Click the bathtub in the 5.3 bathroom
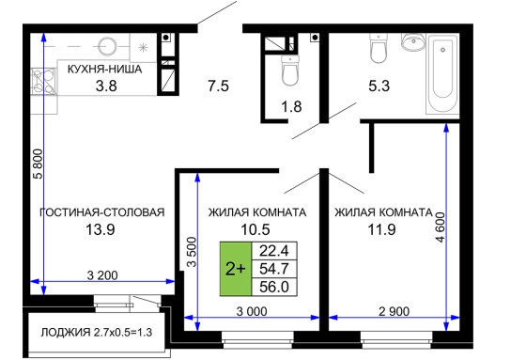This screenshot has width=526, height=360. [442, 73]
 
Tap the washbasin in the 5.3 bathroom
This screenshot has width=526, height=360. [413, 41]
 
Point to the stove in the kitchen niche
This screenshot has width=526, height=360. [43, 81]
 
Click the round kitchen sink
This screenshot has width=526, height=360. [107, 45]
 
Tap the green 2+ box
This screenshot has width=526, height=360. [236, 269]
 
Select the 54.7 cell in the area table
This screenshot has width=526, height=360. [274, 269]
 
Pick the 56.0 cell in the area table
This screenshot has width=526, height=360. [274, 287]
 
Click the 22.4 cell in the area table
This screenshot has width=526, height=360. [274, 251]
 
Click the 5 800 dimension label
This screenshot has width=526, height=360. [39, 164]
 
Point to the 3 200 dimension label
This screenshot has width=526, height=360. [102, 275]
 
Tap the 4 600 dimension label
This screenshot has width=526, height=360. [441, 227]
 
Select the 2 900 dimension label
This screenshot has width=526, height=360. [394, 312]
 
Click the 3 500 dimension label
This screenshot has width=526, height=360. [192, 252]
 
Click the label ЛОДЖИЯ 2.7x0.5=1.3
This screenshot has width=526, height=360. [97, 333]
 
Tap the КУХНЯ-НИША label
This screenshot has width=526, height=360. [104, 70]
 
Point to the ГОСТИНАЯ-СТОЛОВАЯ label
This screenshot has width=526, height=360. [102, 212]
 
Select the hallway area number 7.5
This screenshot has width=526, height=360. [218, 86]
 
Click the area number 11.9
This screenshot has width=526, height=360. [381, 229]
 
